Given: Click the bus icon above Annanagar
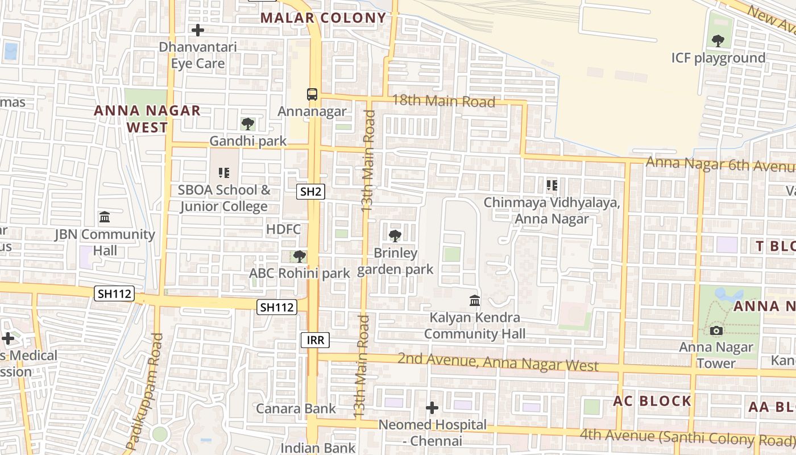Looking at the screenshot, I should (x=312, y=94).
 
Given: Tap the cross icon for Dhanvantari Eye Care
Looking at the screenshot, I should (x=198, y=30).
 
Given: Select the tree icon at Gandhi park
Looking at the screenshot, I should (x=247, y=123).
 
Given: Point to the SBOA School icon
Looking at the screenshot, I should (x=223, y=172).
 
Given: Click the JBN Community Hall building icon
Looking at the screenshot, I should (x=105, y=217).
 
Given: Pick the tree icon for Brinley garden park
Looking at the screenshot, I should (x=395, y=235).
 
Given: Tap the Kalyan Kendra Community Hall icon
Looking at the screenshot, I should (x=474, y=300).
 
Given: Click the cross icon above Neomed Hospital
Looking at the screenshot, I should (x=432, y=408).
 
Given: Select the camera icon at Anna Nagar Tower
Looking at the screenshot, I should (x=716, y=330).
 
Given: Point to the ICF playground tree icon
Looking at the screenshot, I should (x=718, y=40).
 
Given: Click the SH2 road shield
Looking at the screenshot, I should (x=310, y=192).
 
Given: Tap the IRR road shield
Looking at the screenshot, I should (x=315, y=340).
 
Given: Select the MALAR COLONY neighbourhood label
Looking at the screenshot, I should (x=324, y=18).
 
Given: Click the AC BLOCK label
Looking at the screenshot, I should (x=652, y=401).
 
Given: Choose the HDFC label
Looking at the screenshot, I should (x=283, y=229).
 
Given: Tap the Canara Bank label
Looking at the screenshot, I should (x=296, y=408).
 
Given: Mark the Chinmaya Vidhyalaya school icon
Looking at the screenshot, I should (x=552, y=185).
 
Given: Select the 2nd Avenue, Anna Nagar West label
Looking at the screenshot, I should (x=498, y=362).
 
